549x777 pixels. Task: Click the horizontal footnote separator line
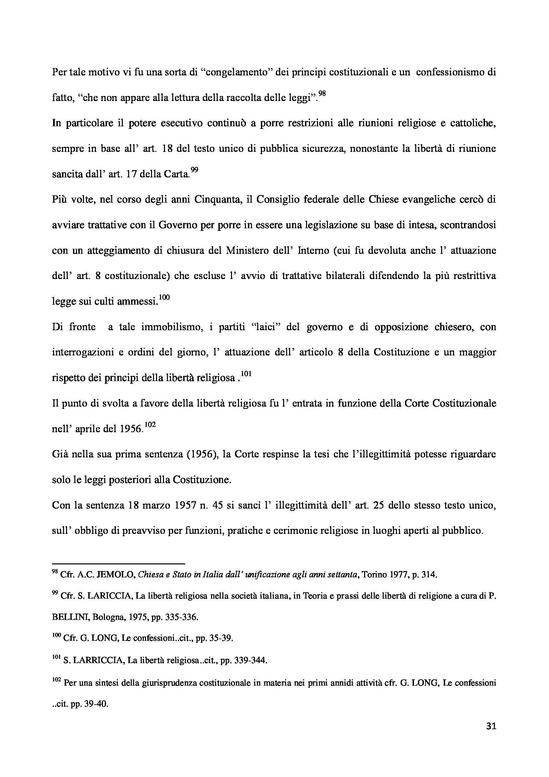click(118, 564)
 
